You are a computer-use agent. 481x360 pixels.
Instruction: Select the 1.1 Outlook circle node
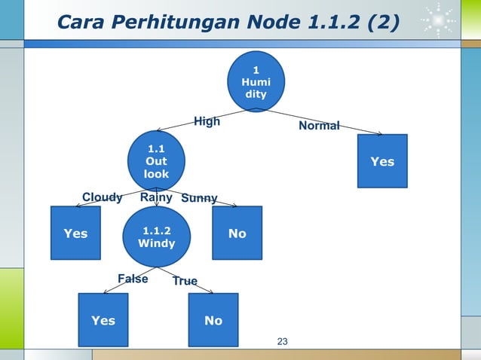pos(156,160)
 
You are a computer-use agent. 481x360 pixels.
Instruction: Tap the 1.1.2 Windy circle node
pos(156,237)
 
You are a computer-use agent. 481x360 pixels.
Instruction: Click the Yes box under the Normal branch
pos(382,160)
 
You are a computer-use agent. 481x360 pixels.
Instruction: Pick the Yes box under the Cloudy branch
pos(75,233)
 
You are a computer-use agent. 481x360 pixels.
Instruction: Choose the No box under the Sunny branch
pos(237,233)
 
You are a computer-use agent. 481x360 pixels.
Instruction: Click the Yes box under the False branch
pos(103,320)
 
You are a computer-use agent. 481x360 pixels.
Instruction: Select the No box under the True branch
pos(213,320)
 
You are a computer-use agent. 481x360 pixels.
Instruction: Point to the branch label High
pos(207,121)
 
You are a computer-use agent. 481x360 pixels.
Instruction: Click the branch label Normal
pos(319,126)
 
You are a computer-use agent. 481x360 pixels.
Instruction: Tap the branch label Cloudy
pos(102,197)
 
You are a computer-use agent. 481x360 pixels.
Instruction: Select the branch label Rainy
pos(157,197)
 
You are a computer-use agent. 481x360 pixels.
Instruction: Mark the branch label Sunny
pos(199,199)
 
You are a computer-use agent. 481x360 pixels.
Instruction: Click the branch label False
pos(133,279)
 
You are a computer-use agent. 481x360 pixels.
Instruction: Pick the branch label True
pos(185,281)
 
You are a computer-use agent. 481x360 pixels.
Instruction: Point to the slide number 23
pos(283,343)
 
